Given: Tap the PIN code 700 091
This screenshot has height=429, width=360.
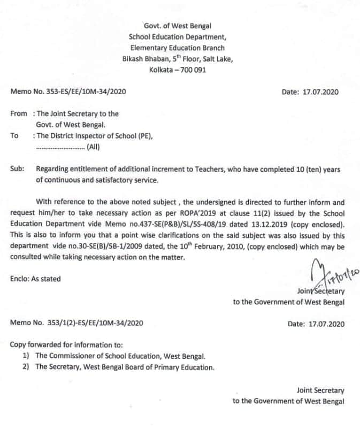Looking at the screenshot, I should point(191,70).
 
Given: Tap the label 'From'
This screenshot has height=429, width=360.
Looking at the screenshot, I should point(19,114).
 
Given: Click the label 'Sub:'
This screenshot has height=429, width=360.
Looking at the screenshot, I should point(17,170).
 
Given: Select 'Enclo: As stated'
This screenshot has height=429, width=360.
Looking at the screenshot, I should point(35,279).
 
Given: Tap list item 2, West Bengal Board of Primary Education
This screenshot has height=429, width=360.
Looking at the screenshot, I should point(125,367).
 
